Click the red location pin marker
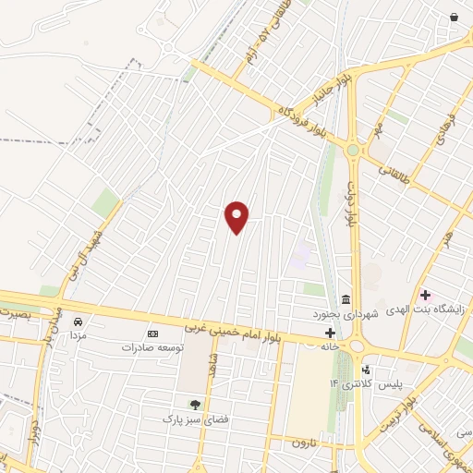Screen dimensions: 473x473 tap(237, 217)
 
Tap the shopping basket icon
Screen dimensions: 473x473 tap(454, 18)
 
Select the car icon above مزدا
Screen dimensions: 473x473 tap(78, 320)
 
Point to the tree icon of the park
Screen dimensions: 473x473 tap(194, 404)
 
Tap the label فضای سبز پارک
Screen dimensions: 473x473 tap(194, 418)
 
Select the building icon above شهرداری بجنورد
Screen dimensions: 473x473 tap(346, 299)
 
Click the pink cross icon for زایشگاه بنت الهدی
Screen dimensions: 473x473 tap(424, 296)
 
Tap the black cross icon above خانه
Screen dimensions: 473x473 tap(329, 333)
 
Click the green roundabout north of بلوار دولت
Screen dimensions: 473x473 tap(352, 149)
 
